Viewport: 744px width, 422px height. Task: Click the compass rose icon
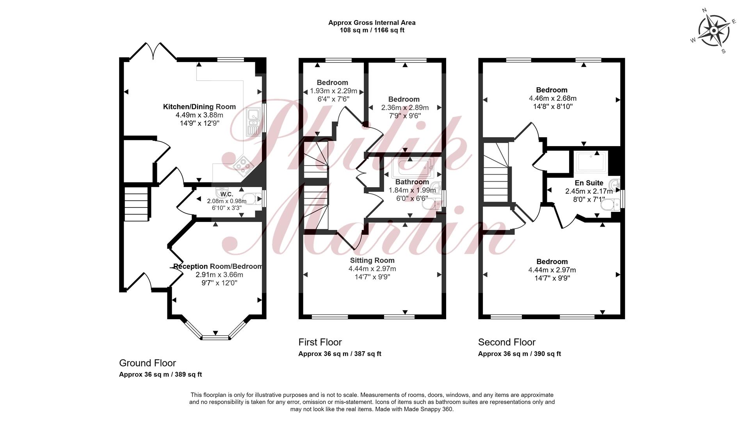[x=714, y=30]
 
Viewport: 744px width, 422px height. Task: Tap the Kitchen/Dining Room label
[x=199, y=107]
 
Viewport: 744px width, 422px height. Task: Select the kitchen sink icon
[x=253, y=122]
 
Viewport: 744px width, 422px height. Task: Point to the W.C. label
[x=226, y=194]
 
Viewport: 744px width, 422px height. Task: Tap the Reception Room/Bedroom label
[x=218, y=266]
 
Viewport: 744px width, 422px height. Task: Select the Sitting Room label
[x=372, y=261]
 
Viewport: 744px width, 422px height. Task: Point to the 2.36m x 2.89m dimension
[x=404, y=107]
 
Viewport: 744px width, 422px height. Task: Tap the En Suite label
[x=589, y=183]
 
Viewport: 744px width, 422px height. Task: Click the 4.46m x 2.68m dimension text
[x=552, y=98]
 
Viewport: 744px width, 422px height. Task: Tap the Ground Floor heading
[x=148, y=363]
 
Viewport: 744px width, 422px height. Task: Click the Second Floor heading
[x=507, y=342]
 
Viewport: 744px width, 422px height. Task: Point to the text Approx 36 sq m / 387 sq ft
[x=340, y=354]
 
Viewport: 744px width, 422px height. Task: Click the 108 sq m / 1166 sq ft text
[x=372, y=30]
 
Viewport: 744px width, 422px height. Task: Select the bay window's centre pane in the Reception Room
[x=215, y=336]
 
